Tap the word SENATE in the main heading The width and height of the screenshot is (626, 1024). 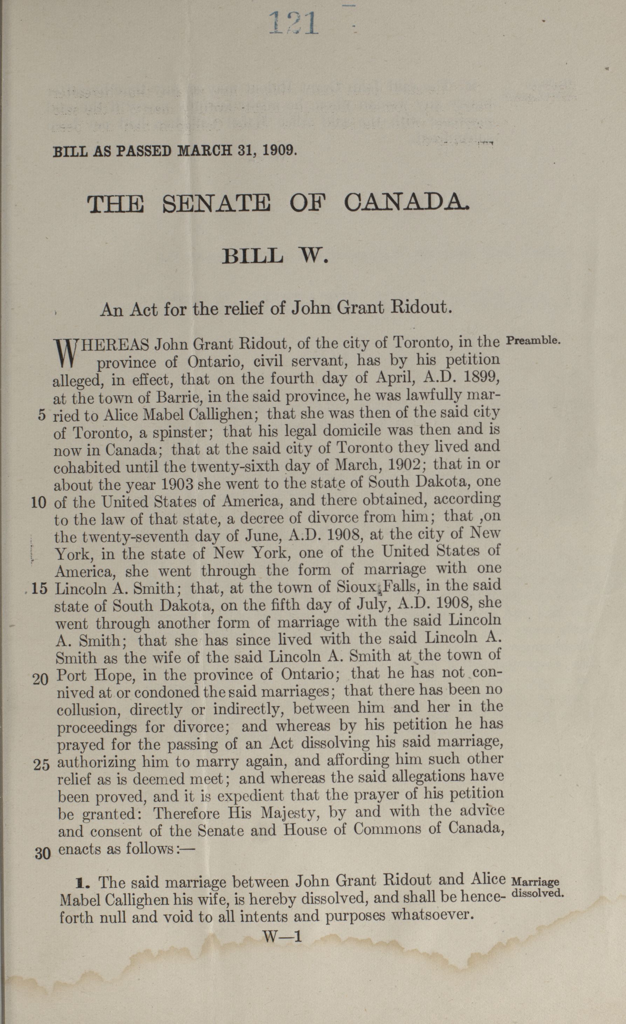tap(216, 204)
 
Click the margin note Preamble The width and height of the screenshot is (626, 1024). tap(534, 340)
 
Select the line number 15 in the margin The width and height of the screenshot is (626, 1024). tap(40, 589)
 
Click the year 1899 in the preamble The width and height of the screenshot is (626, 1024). tap(478, 378)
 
